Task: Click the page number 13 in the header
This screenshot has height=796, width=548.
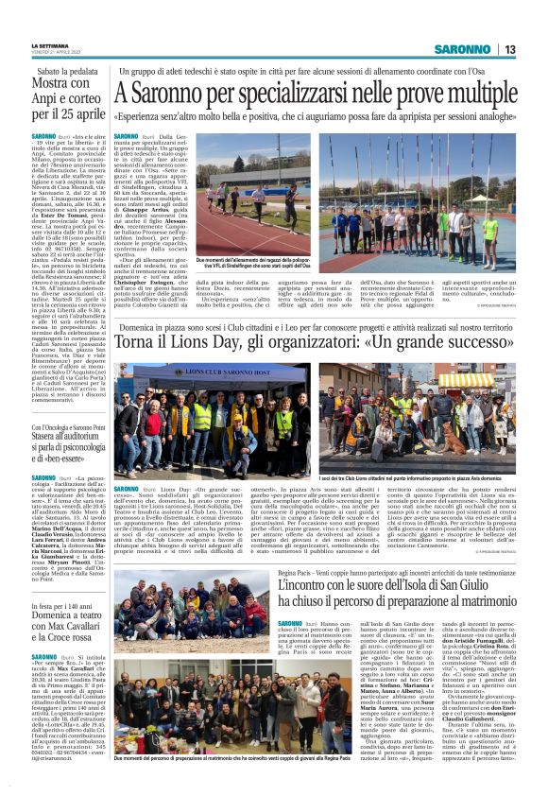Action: click(509, 49)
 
